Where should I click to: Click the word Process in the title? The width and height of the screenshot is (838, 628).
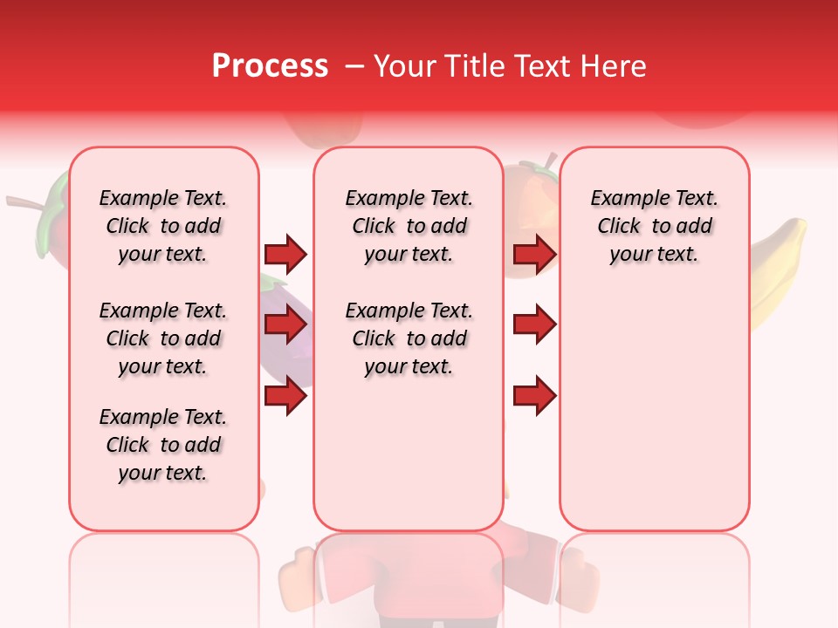(x=270, y=66)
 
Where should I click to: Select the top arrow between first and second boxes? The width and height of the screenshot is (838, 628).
(x=285, y=254)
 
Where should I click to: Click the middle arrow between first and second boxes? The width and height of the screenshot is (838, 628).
(x=285, y=325)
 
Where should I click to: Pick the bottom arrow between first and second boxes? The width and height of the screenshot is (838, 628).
(x=285, y=397)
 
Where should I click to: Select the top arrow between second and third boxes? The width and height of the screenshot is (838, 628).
(x=534, y=254)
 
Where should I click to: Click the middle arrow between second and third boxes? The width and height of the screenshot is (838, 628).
(x=534, y=325)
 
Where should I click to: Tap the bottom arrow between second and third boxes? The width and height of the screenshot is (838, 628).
(x=534, y=397)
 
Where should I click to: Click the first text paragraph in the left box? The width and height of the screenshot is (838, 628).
(x=163, y=226)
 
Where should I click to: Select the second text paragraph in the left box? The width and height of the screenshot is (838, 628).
(x=163, y=338)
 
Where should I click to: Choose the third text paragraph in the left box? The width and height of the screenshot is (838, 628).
(x=163, y=445)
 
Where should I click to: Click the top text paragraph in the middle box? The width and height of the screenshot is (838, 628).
(x=409, y=226)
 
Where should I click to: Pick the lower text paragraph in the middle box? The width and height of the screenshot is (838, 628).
(x=409, y=338)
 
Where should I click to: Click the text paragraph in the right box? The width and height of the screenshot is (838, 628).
(x=655, y=226)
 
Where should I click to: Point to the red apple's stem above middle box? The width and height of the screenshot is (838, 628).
(x=550, y=161)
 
